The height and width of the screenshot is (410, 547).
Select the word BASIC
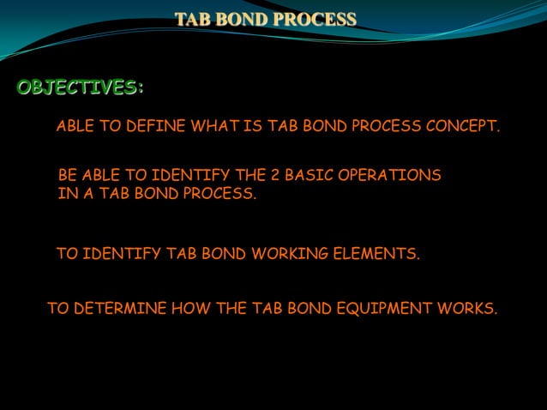click(x=308, y=176)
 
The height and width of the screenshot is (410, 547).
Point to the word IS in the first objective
click(x=253, y=127)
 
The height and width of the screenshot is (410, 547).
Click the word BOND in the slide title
click(x=243, y=18)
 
